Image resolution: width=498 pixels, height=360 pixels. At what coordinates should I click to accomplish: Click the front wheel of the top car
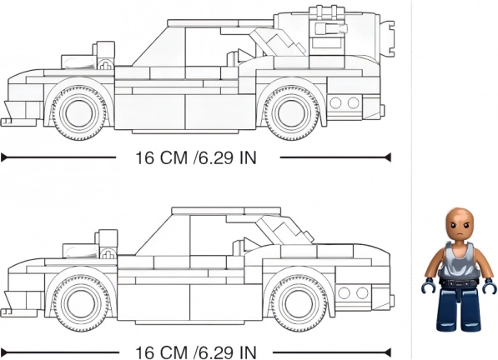tap(78, 113)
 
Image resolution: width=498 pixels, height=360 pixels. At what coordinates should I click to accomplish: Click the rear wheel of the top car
tap(292, 113)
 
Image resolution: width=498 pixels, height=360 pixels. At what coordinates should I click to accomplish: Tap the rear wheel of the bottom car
tap(299, 303)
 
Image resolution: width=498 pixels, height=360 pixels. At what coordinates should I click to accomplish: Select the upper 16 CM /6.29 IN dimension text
tap(196, 157)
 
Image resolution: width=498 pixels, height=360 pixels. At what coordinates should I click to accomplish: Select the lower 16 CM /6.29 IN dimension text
tap(196, 352)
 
